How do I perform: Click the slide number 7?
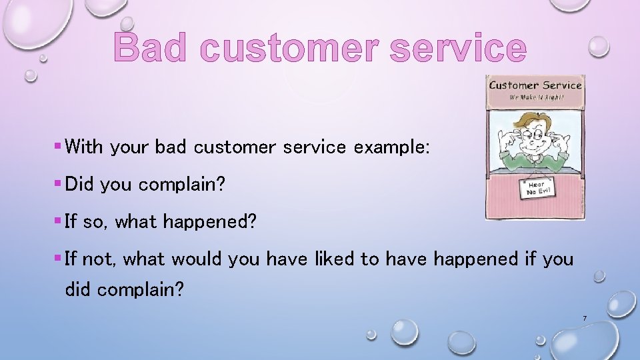click(x=584, y=319)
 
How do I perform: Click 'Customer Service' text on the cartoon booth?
click(x=535, y=85)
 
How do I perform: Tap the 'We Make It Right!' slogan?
click(x=535, y=97)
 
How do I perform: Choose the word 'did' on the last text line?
click(x=79, y=290)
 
